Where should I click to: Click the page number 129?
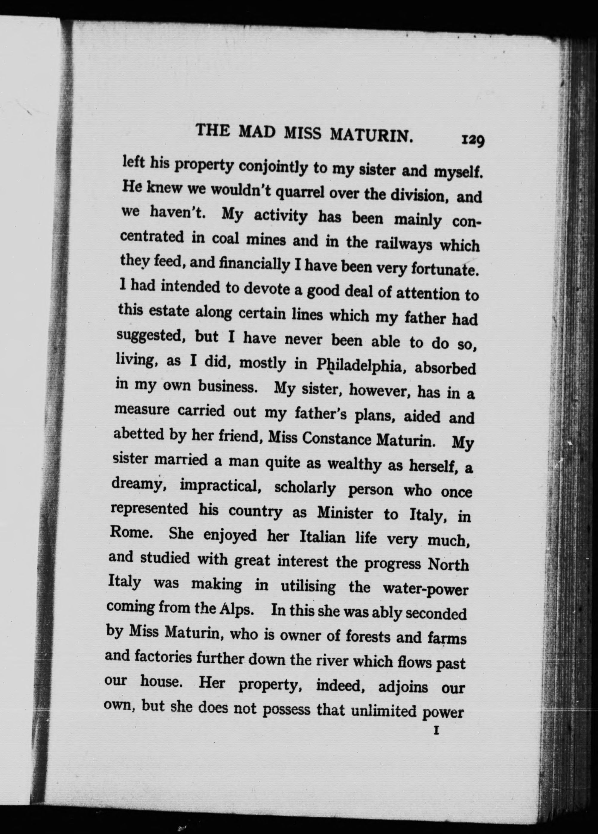pos(473,141)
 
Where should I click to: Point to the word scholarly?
pos(305,488)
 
